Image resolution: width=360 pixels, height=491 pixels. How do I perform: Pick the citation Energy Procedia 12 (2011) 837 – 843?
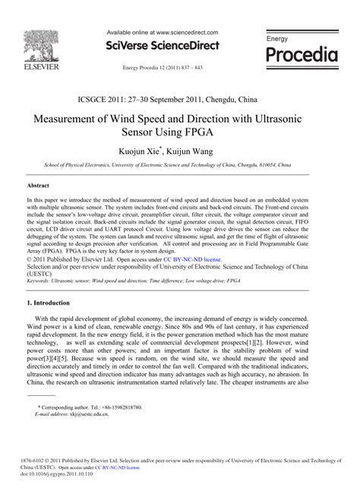(163, 68)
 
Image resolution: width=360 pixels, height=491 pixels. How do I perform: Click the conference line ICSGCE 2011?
(179, 98)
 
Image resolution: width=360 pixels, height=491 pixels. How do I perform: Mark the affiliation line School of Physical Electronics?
(179, 164)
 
